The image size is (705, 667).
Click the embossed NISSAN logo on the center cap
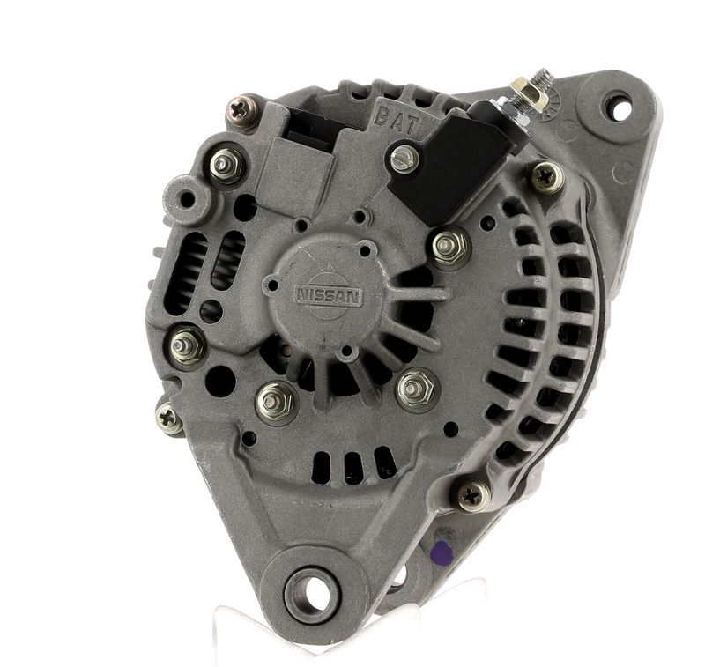click(x=329, y=297)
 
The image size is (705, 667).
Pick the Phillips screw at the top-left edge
click(x=241, y=110)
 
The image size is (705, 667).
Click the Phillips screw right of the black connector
click(x=547, y=177)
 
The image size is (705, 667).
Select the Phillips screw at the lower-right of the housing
click(x=474, y=495)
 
